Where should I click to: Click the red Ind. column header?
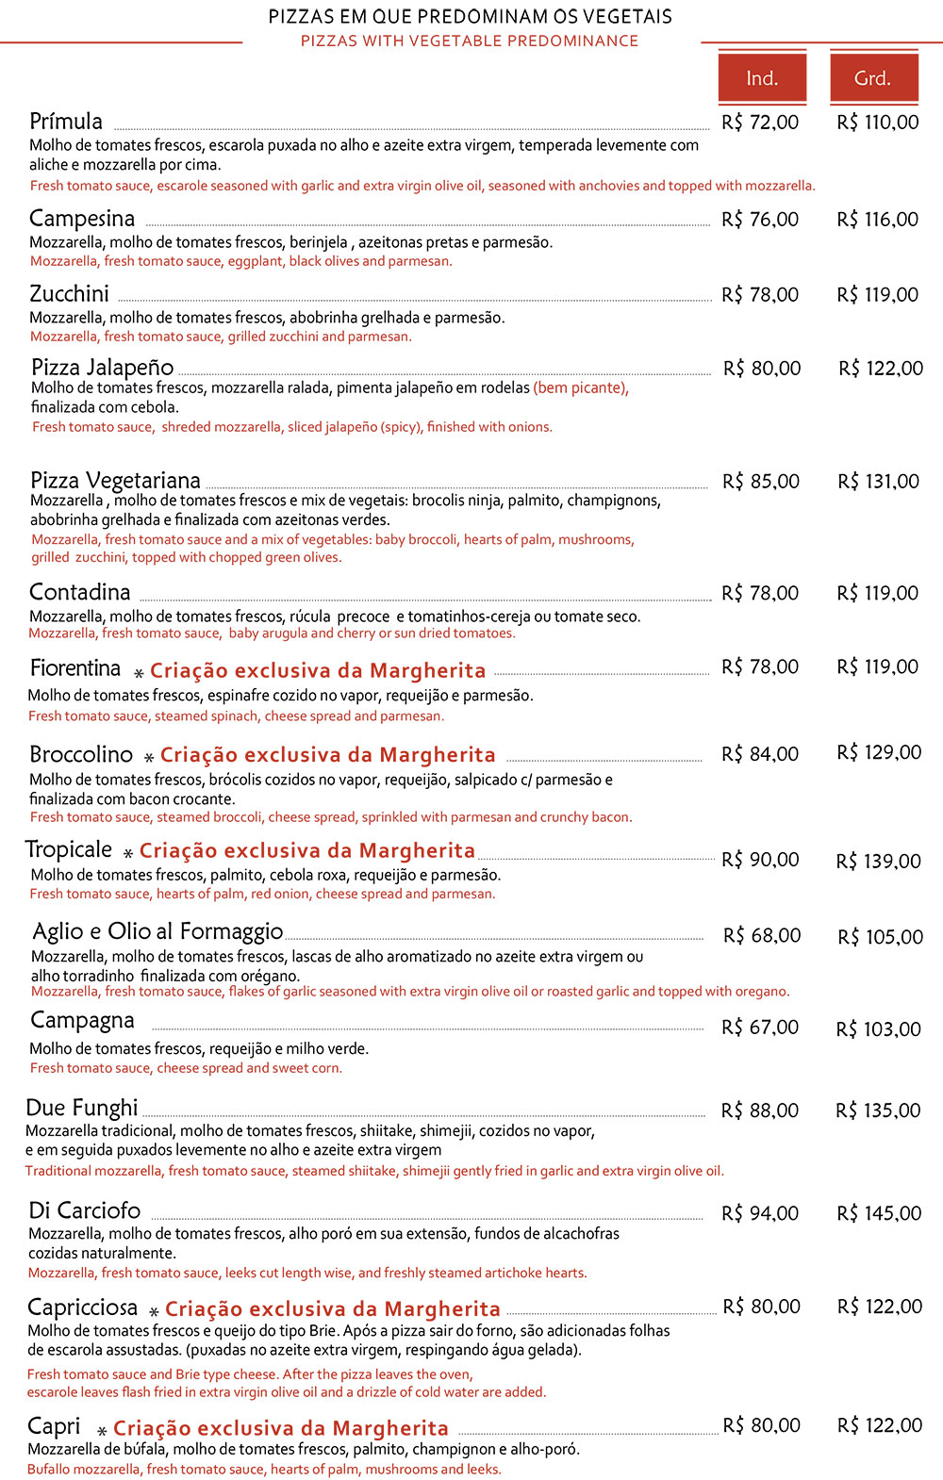pyautogui.click(x=762, y=77)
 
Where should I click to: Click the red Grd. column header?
pyautogui.click(x=873, y=77)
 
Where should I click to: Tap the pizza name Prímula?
pyautogui.click(x=66, y=122)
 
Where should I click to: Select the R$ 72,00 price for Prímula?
pyautogui.click(x=760, y=123)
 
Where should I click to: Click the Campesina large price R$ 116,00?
pyautogui.click(x=877, y=220)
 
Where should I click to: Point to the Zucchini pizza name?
pyautogui.click(x=70, y=294)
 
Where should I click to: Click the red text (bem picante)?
pyautogui.click(x=581, y=387)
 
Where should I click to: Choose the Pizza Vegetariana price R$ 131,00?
pyautogui.click(x=878, y=482)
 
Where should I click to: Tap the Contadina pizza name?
pyautogui.click(x=80, y=592)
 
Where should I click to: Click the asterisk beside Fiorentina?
pyautogui.click(x=139, y=673)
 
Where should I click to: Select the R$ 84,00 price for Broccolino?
pyautogui.click(x=760, y=754)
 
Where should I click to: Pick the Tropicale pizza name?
pyautogui.click(x=69, y=849)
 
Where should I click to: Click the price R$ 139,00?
pyautogui.click(x=878, y=862)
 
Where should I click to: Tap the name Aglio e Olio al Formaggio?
pyautogui.click(x=157, y=931)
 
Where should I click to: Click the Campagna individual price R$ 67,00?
pyautogui.click(x=760, y=1028)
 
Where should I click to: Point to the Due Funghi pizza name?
pyautogui.click(x=82, y=1108)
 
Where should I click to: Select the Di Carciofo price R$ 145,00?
pyautogui.click(x=879, y=1213)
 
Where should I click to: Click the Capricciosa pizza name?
pyautogui.click(x=83, y=1307)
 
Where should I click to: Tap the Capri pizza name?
pyautogui.click(x=54, y=1425)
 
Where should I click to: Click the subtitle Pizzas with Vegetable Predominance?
pyautogui.click(x=470, y=41)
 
